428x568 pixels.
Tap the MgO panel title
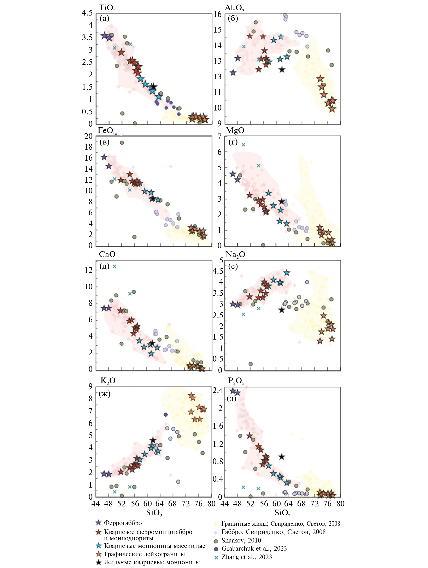235,130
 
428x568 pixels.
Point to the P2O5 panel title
236,381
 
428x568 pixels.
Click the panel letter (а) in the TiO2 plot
104,18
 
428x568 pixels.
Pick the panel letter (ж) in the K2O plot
105,394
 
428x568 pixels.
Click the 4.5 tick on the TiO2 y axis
87,13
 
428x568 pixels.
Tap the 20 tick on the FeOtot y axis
88,136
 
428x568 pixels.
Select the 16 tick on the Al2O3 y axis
217,14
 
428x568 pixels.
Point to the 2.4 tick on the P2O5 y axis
218,391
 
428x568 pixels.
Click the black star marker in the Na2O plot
282,310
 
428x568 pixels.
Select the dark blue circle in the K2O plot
166,414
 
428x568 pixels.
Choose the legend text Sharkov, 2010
241,540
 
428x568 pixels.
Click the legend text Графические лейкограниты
144,554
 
